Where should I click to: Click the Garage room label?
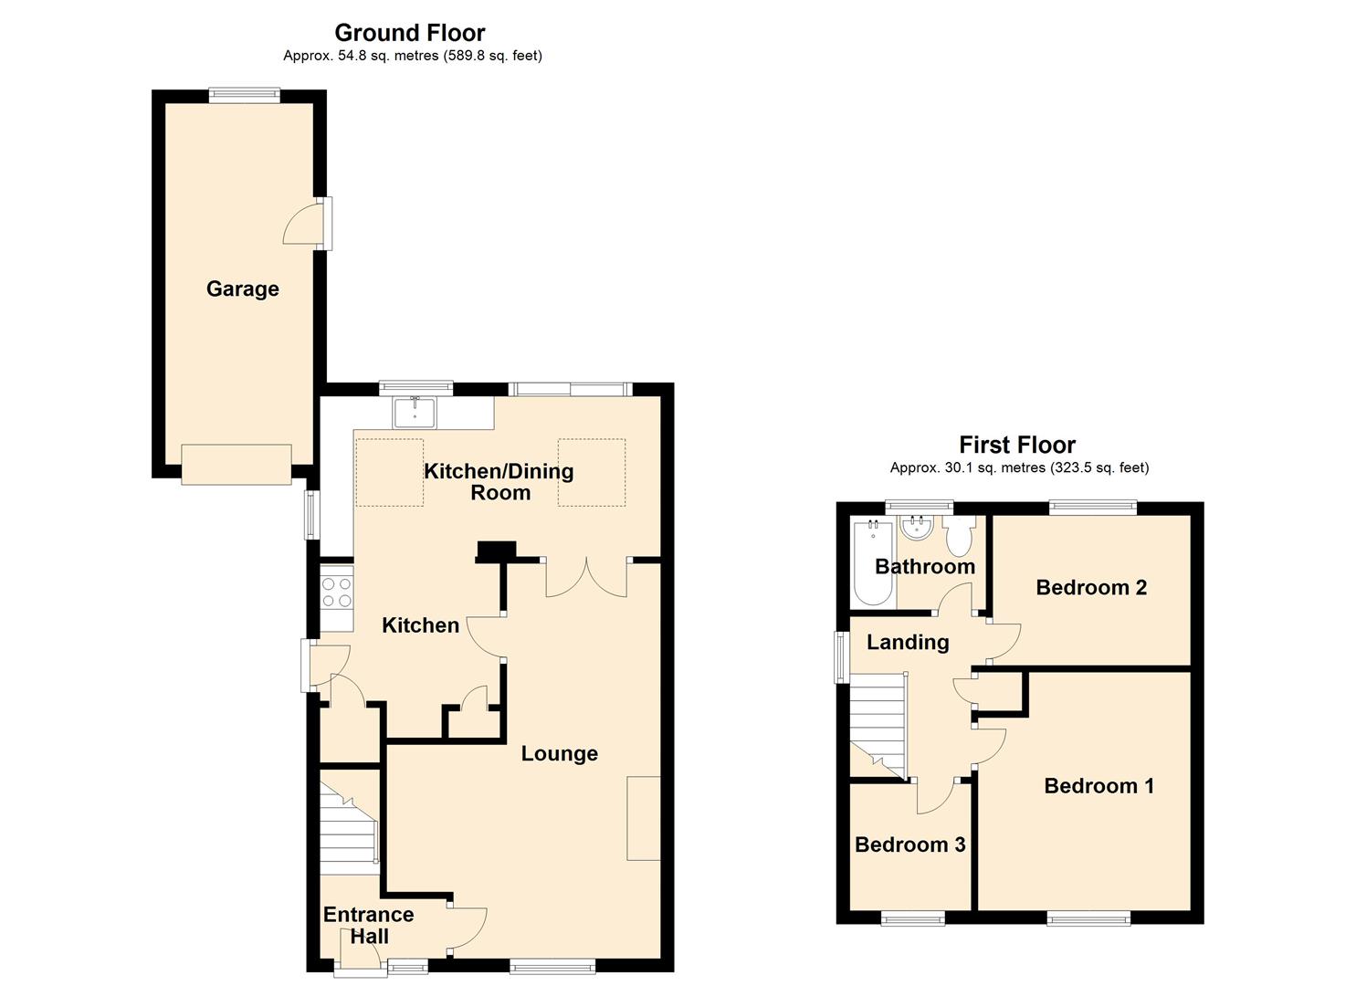tap(243, 288)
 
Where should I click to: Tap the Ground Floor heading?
tap(410, 33)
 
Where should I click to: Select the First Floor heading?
tap(1017, 445)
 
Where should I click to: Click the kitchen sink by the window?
tap(414, 412)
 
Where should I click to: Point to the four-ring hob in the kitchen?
tap(337, 593)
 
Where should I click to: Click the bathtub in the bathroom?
tap(873, 563)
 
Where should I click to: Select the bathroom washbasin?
tap(915, 528)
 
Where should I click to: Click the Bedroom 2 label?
tap(1091, 587)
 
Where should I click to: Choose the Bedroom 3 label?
tap(909, 844)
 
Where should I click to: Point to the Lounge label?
tap(560, 753)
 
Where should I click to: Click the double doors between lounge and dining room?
tap(586, 578)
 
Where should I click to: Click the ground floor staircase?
tap(350, 829)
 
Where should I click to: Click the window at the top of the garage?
tap(245, 94)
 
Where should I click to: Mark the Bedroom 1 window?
tap(1088, 920)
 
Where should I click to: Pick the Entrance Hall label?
tap(369, 926)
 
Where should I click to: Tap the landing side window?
tap(841, 657)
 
